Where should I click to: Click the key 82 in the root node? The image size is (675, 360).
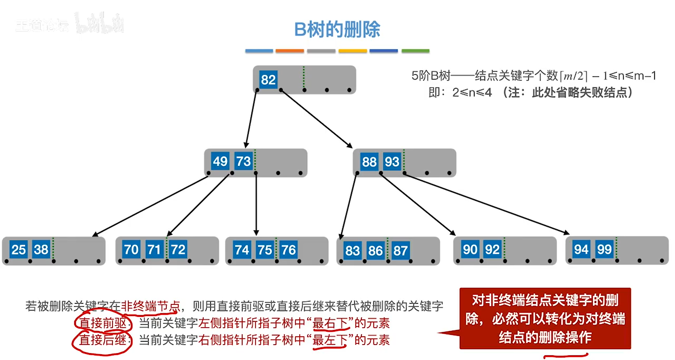pyautogui.click(x=268, y=80)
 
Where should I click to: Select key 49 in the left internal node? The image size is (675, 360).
pyautogui.click(x=220, y=161)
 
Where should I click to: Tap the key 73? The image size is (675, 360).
pyautogui.click(x=244, y=161)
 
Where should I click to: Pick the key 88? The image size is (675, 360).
pyautogui.click(x=369, y=162)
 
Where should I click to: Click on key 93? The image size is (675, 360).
pyautogui.click(x=392, y=162)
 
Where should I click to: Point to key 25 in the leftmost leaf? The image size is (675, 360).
pyautogui.click(x=19, y=250)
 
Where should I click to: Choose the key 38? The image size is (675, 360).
pyautogui.click(x=41, y=250)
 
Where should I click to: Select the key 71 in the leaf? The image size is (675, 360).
pyautogui.click(x=154, y=250)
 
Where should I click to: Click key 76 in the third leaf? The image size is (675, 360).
pyautogui.click(x=289, y=250)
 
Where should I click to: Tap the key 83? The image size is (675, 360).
pyautogui.click(x=352, y=251)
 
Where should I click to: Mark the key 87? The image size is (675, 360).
pyautogui.click(x=400, y=251)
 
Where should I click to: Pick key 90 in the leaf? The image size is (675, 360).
pyautogui.click(x=470, y=250)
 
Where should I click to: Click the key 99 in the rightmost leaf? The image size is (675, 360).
pyautogui.click(x=604, y=250)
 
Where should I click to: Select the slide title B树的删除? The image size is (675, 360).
pyautogui.click(x=337, y=29)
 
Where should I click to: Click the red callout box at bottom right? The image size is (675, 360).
pyautogui.click(x=545, y=319)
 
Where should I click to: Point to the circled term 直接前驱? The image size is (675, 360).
pyautogui.click(x=103, y=323)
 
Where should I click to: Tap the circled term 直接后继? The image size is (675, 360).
pyautogui.click(x=102, y=340)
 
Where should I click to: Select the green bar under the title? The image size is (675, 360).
pyautogui.click(x=415, y=51)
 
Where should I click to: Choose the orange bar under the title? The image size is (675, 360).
pyautogui.click(x=289, y=51)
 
